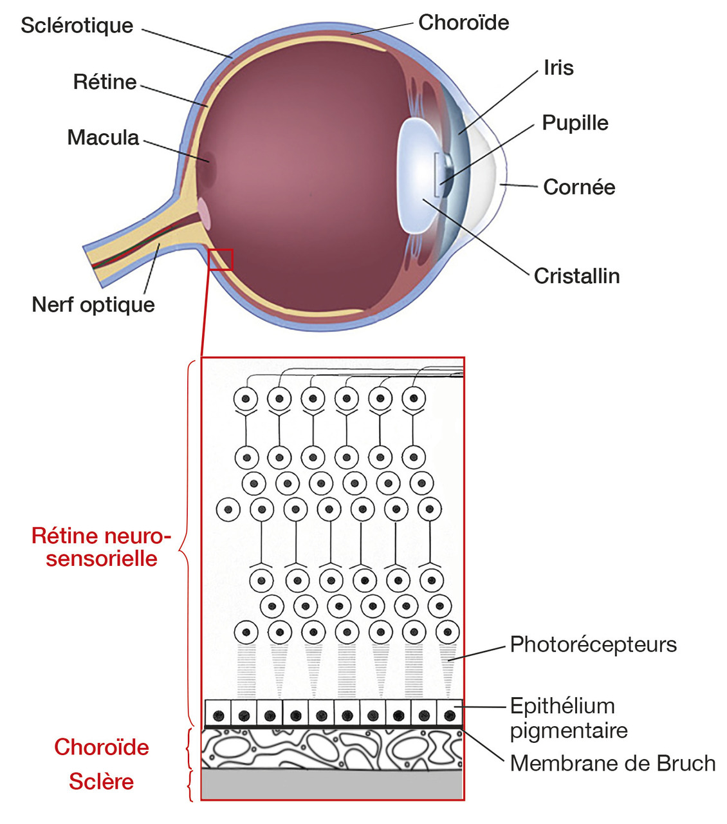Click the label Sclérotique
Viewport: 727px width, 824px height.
77,26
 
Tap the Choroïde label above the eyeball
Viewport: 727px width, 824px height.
463,23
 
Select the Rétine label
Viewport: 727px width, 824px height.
104,82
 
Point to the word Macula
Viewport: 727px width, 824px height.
103,137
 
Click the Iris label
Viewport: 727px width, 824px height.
558,68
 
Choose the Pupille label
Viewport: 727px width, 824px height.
575,122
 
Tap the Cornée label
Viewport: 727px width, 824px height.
579,187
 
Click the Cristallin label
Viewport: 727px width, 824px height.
576,276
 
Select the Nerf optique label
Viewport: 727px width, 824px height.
93,304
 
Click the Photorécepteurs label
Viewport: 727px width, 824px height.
593,644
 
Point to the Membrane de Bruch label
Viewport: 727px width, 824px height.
612,763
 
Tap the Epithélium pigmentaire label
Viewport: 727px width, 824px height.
568,718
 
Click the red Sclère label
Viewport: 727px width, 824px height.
102,781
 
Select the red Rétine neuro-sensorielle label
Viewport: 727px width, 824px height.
102,547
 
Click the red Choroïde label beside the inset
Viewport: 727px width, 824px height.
102,747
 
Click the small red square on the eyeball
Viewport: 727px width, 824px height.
221,259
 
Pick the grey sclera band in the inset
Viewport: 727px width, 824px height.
332,785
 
